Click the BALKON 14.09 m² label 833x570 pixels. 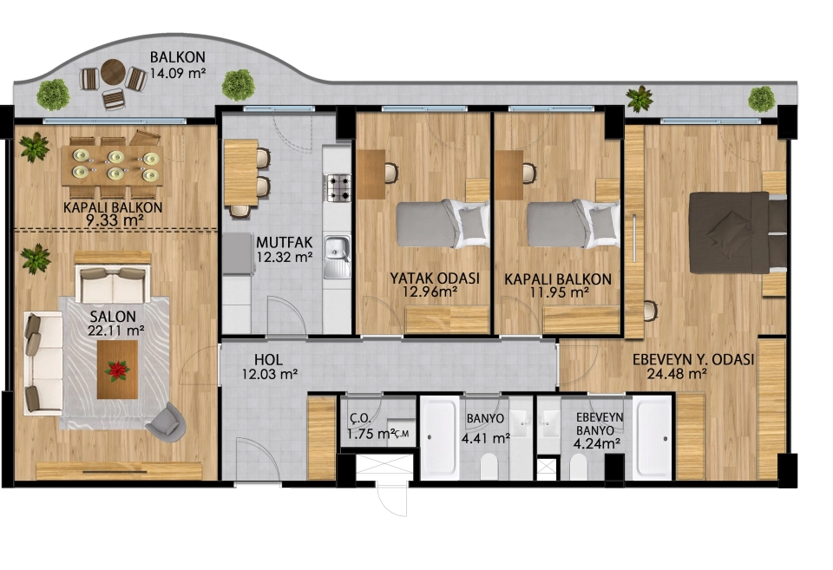pyautogui.click(x=177, y=65)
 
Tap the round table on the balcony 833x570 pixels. pyautogui.click(x=113, y=72)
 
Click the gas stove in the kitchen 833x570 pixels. pyautogui.click(x=338, y=187)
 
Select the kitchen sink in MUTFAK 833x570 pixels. pyautogui.click(x=338, y=257)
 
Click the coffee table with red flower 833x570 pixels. pyautogui.click(x=117, y=370)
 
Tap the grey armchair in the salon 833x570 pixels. pyautogui.click(x=167, y=421)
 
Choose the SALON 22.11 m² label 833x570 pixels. pyautogui.click(x=116, y=323)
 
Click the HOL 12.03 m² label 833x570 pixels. pyautogui.click(x=269, y=366)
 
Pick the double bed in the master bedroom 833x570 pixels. pyautogui.click(x=738, y=233)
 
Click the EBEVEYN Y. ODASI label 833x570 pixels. pyautogui.click(x=692, y=359)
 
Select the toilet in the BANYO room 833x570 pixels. pyautogui.click(x=489, y=467)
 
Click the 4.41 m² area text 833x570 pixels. pyautogui.click(x=486, y=438)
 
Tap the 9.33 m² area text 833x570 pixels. pyautogui.click(x=115, y=219)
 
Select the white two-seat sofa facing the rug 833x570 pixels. pyautogui.click(x=113, y=285)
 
